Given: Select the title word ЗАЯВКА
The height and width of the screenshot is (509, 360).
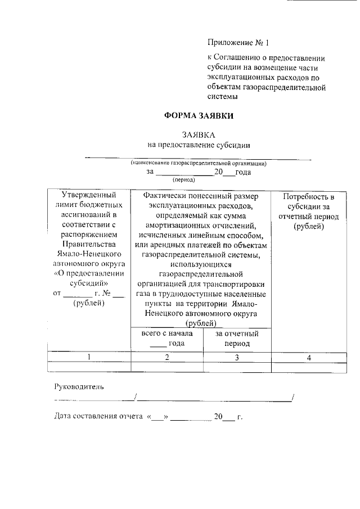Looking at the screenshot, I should (x=198, y=135).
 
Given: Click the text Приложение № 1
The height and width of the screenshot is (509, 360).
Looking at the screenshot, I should (x=235, y=42).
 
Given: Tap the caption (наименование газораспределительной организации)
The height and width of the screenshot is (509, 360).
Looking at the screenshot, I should (x=198, y=163).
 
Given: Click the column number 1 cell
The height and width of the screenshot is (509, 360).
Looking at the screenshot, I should (x=89, y=357).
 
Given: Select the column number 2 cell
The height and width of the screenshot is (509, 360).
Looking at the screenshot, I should (x=166, y=357).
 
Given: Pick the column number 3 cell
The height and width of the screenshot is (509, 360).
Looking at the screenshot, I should (x=237, y=357).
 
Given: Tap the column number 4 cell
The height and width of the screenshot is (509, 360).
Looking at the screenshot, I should (x=309, y=357).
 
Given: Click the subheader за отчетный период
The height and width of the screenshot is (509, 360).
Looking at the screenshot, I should (x=237, y=339).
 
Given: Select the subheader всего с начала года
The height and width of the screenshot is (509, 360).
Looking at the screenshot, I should (x=166, y=339).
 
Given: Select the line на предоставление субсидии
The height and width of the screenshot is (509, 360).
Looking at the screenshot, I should (x=198, y=145).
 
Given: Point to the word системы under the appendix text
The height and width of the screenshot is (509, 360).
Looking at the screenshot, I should (x=223, y=96).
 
